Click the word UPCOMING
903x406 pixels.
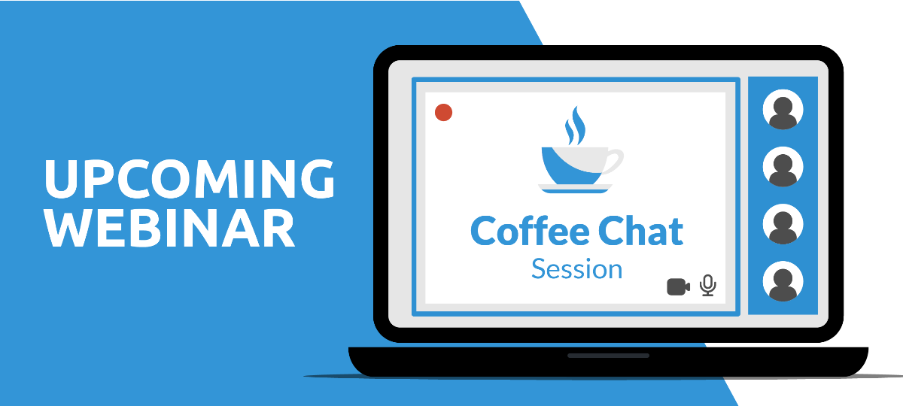pos(189,178)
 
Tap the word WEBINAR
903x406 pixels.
pos(169,229)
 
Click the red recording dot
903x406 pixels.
pos(443,112)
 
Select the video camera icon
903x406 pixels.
pos(679,286)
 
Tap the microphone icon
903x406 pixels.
pos(708,285)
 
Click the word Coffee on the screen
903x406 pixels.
pos(530,231)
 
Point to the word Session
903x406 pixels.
pos(577,269)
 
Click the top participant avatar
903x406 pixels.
pos(783,110)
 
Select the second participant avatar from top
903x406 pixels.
pos(783,167)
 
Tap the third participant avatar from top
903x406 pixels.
pos(783,224)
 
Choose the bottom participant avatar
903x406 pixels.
pos(783,281)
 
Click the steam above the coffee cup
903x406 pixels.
pos(576,126)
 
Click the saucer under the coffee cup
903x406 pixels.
pos(575,189)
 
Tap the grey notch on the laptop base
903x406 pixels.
pos(608,356)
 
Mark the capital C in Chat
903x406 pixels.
pos(611,231)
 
